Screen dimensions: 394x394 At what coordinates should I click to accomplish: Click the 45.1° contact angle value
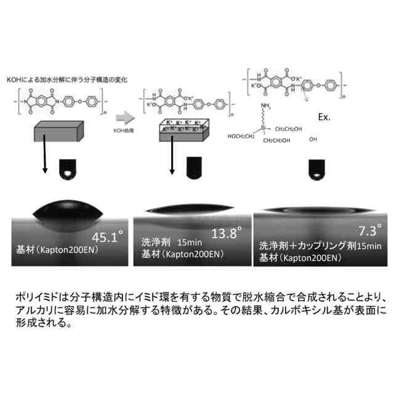tap(108, 238)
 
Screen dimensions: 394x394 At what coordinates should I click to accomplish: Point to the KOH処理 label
tap(124, 131)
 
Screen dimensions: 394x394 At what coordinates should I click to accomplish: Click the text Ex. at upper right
tap(326, 116)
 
